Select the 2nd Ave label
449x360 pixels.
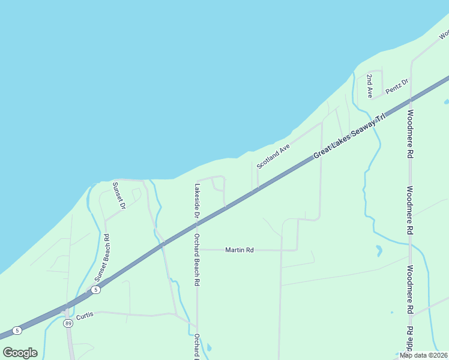[370, 86]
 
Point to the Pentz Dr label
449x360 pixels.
[397, 86]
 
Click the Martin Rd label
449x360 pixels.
[240, 250]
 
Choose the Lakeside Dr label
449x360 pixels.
[196, 200]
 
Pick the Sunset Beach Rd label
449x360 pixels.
[101, 257]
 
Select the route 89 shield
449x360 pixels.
[68, 323]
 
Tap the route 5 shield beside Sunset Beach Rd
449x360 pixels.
[95, 290]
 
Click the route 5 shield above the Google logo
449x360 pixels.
[17, 330]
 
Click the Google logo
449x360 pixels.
[20, 353]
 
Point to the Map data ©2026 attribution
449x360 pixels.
[423, 355]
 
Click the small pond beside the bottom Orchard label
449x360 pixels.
[208, 347]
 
